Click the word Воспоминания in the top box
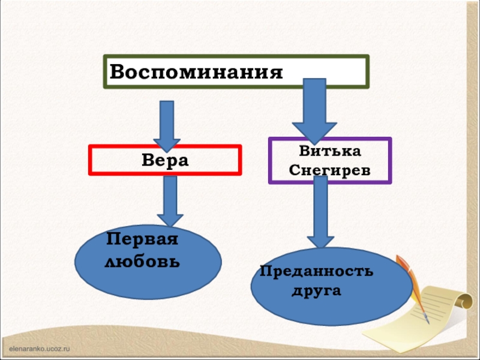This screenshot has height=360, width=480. point(196,73)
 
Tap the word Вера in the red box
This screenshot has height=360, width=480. point(165,161)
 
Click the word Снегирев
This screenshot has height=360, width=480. point(329,170)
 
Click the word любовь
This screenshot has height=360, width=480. point(142,262)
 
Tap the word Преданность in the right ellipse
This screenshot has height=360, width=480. point(316,272)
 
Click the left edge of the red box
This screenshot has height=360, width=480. point(90,160)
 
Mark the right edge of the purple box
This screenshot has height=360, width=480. point(390,160)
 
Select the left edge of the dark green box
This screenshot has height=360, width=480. point(106,72)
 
